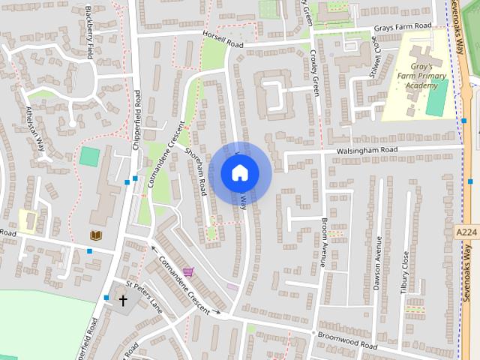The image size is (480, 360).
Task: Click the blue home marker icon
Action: point(239,173)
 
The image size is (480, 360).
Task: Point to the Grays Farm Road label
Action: point(403,28)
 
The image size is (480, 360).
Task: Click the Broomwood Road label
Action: point(347,339)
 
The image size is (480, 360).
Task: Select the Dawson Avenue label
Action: point(378,262)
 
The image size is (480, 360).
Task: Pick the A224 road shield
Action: point(466,232)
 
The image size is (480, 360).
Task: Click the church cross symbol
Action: point(124,301)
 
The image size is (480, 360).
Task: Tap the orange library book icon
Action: point(95,235)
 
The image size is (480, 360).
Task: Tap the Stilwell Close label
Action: point(369,52)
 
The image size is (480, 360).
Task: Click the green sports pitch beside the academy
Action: point(437,97)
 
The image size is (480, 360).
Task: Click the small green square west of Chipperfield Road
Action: point(89,157)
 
